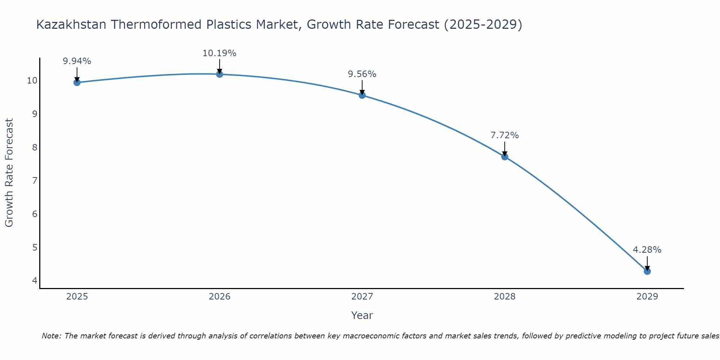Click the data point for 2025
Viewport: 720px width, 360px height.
click(77, 82)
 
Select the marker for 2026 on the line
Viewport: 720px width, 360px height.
click(219, 74)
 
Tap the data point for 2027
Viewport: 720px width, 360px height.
click(362, 95)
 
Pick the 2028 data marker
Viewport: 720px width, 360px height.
click(505, 157)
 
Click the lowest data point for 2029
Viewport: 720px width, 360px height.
click(647, 271)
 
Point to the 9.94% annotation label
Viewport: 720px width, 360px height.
click(77, 61)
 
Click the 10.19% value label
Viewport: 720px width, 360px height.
click(219, 53)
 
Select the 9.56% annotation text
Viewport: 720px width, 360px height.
click(362, 74)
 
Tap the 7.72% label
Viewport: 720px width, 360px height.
click(505, 135)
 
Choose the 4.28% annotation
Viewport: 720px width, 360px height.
click(647, 250)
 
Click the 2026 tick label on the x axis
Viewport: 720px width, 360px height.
click(220, 297)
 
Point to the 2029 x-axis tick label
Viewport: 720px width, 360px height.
click(647, 297)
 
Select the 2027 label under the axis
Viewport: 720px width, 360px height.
click(362, 297)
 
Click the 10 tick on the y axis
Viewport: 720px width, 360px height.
click(32, 81)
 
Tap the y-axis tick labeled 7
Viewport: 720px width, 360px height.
click(35, 181)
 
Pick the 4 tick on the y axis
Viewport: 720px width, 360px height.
click(35, 280)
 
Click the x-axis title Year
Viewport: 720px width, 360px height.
click(362, 315)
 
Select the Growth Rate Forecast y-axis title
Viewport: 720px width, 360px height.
click(9, 172)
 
